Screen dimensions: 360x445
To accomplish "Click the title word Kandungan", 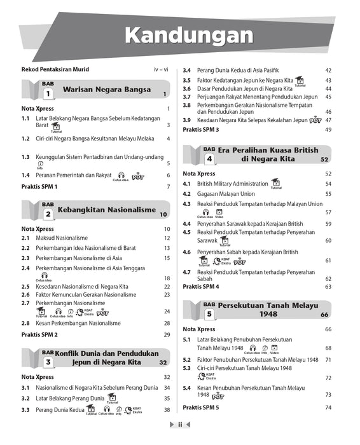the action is coord(188,34).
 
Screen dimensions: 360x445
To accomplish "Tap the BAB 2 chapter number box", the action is coord(48,214).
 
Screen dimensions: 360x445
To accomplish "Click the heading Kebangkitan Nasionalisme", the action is coord(106,210).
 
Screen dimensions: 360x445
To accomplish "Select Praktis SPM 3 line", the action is coord(201,130).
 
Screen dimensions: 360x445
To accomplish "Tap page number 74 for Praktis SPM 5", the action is coord(328,407).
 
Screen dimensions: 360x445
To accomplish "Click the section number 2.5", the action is coord(25,287).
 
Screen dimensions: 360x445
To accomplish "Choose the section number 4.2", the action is coord(187,193).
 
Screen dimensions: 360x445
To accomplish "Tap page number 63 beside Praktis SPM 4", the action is coord(328,287).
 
